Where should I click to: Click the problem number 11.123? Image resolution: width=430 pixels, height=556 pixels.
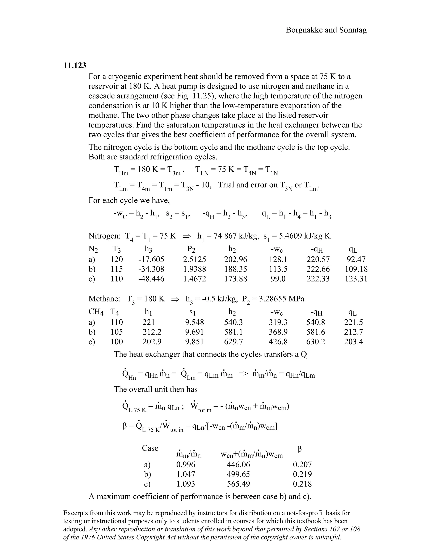75,66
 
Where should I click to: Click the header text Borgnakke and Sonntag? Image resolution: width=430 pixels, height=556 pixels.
326,30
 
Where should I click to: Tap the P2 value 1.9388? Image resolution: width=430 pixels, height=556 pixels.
194,269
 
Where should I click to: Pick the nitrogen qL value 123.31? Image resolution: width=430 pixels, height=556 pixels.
356,279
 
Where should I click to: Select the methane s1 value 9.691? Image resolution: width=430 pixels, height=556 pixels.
194,332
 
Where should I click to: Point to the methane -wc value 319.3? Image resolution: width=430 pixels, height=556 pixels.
278,322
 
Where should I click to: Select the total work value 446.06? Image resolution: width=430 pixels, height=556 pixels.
239,464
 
